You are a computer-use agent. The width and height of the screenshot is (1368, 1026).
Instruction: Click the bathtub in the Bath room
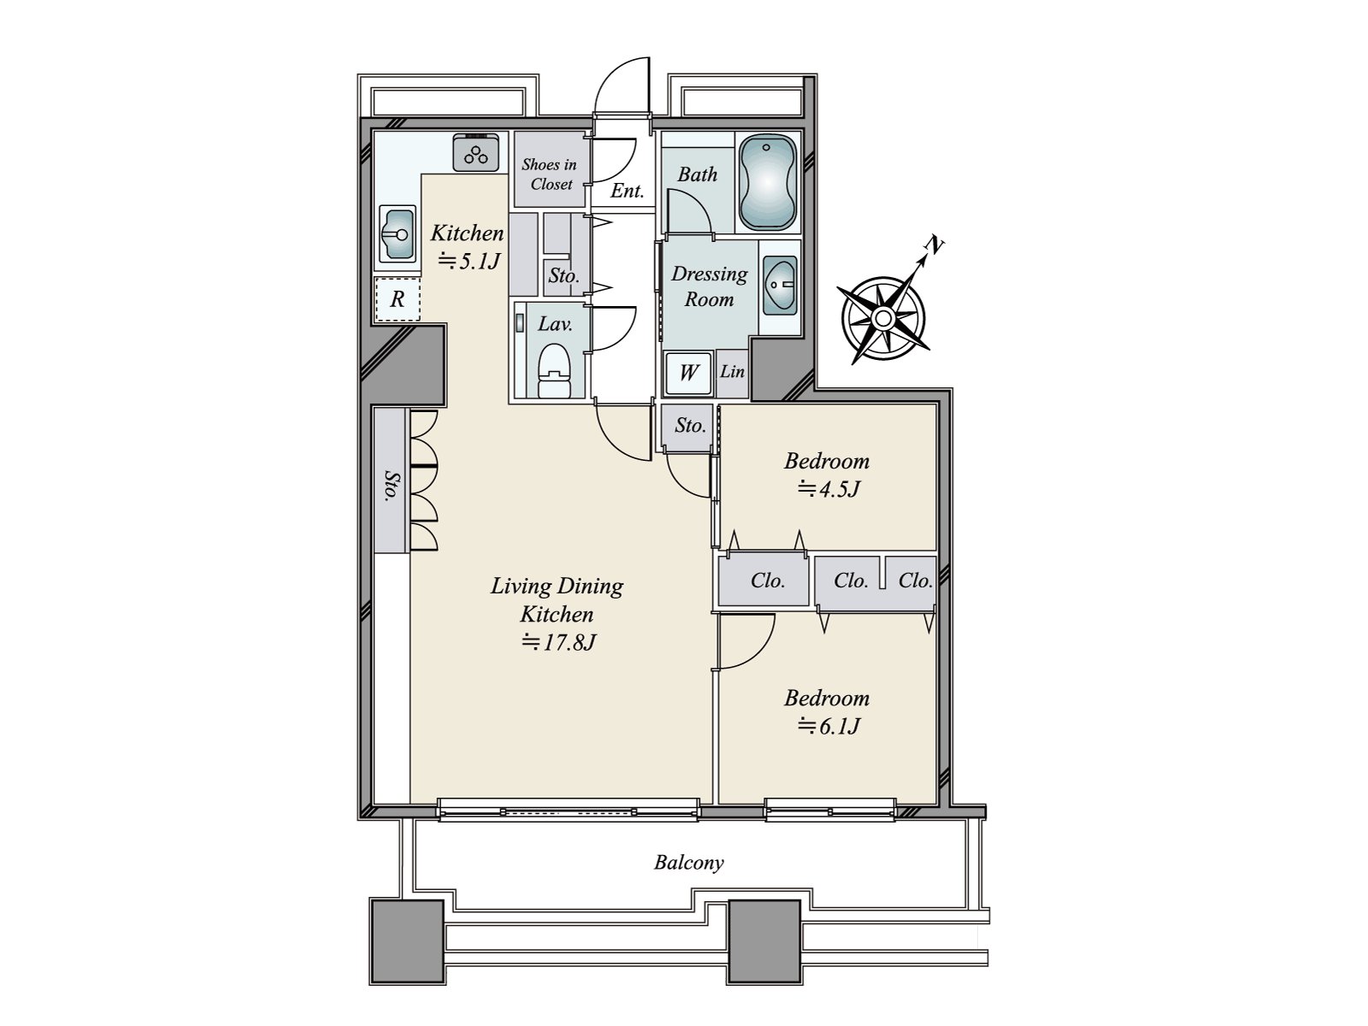point(767,182)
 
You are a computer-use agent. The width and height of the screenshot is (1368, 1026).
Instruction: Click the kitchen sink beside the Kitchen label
point(398,233)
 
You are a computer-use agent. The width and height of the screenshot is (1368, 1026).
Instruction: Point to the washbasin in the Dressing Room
point(779,284)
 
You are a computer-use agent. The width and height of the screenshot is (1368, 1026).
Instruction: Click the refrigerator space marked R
point(397,300)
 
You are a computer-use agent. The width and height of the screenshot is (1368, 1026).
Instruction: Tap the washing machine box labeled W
point(688,373)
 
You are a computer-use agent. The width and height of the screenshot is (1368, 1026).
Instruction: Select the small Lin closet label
point(732,372)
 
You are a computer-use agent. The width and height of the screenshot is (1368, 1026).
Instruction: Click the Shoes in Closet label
point(550,174)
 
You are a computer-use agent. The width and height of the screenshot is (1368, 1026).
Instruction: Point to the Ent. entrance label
point(627,192)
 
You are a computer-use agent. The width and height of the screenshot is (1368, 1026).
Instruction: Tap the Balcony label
point(688,862)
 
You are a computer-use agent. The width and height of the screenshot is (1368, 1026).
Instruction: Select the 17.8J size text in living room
point(559,642)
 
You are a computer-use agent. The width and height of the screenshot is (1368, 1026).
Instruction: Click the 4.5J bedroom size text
point(828,489)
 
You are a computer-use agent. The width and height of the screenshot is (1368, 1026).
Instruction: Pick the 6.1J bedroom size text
point(828,726)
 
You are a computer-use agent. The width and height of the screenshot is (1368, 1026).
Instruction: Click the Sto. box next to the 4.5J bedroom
point(690,425)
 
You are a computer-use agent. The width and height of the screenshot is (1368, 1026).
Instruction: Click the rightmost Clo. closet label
point(914,581)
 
